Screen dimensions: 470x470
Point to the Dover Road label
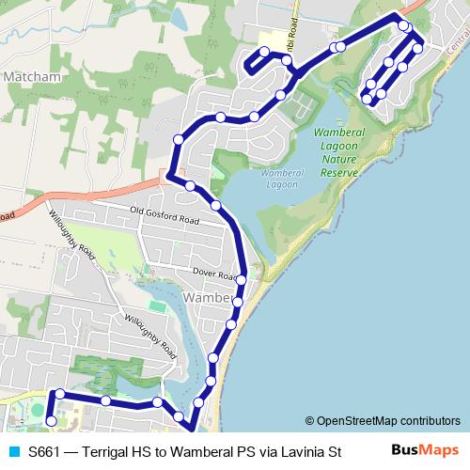[x=212, y=274]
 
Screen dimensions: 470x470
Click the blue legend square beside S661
[x=13, y=451]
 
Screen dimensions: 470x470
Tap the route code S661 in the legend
[x=46, y=451]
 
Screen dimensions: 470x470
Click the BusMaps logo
[x=426, y=450]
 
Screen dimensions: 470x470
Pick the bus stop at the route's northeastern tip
[x=402, y=25]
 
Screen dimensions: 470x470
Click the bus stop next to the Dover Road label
[x=242, y=280]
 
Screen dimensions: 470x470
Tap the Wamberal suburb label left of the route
[x=208, y=298]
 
